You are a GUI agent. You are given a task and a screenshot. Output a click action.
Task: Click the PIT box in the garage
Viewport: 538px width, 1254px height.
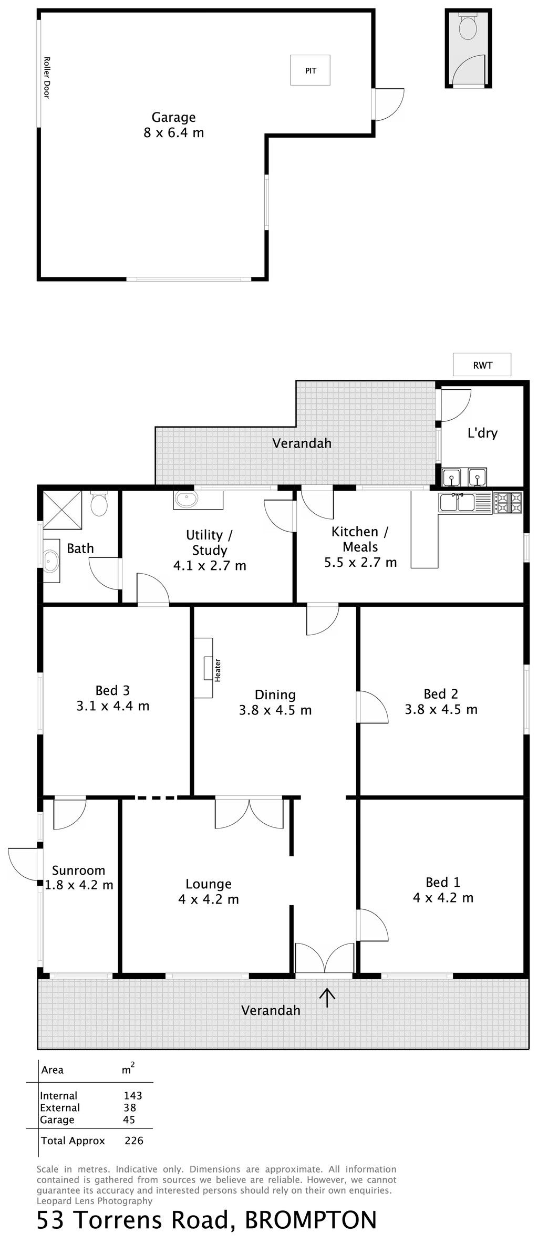click(311, 70)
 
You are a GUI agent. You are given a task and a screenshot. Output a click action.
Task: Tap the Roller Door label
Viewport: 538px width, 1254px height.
click(46, 78)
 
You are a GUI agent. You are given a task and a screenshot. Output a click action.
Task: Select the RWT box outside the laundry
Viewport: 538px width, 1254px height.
click(482, 365)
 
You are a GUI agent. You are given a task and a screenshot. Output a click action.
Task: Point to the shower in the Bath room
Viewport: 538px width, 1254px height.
click(62, 509)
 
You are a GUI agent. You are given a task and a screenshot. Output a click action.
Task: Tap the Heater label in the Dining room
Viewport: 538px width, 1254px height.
click(218, 670)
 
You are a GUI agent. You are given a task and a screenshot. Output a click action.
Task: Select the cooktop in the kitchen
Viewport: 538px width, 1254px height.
click(508, 503)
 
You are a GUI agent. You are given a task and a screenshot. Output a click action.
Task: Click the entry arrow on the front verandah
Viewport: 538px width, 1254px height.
click(327, 997)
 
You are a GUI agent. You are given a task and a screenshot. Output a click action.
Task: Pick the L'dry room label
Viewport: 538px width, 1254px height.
click(482, 433)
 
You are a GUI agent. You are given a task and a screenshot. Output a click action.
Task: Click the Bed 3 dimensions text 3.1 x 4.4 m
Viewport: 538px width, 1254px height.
click(113, 706)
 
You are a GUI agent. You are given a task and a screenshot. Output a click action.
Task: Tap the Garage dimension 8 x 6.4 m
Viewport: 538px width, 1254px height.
click(174, 132)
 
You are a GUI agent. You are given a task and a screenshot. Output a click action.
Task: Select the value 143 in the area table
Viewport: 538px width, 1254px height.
click(133, 1095)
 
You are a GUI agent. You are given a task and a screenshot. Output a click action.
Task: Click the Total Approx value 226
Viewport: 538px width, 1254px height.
click(134, 1141)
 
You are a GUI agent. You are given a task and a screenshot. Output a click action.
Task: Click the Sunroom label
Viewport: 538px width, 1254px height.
click(79, 870)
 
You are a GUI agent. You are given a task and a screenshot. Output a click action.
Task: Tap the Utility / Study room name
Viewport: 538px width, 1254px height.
click(209, 543)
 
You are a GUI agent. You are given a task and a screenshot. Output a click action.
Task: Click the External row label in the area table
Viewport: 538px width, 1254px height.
click(60, 1107)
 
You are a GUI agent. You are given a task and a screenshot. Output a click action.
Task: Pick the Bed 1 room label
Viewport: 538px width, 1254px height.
click(443, 882)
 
